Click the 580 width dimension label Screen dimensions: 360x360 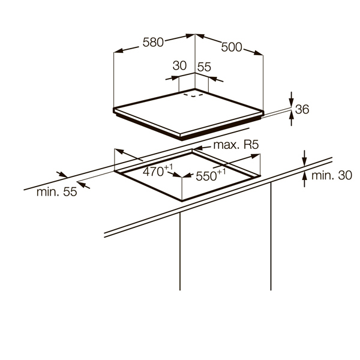153,43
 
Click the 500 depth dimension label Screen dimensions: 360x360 232,47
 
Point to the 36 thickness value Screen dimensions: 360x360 302,109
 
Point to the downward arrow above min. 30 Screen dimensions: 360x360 304,163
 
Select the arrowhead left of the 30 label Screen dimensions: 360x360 167,77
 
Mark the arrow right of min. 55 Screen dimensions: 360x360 85,185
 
